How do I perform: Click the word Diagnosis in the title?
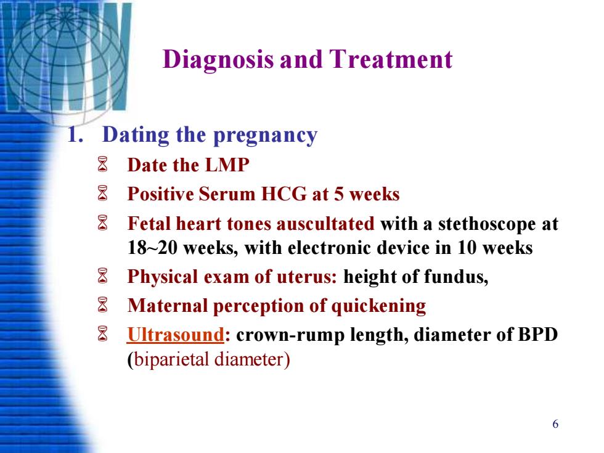coord(218,60)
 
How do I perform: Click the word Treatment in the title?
coord(391,59)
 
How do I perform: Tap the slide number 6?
coord(555,424)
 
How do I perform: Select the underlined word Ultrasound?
coord(176,334)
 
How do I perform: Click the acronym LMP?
coord(227,165)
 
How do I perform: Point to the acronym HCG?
coord(284,194)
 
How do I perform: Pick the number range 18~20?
coord(152,248)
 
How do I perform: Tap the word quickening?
coord(378,306)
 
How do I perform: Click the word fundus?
coord(456,277)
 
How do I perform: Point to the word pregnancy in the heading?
coord(266,136)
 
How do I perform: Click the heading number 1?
coord(75,135)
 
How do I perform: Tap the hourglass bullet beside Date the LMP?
coord(102,165)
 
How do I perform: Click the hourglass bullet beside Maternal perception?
coord(102,304)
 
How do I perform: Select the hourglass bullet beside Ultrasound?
coord(102,334)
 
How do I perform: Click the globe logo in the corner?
coord(67,58)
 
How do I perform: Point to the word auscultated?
coord(325,224)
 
